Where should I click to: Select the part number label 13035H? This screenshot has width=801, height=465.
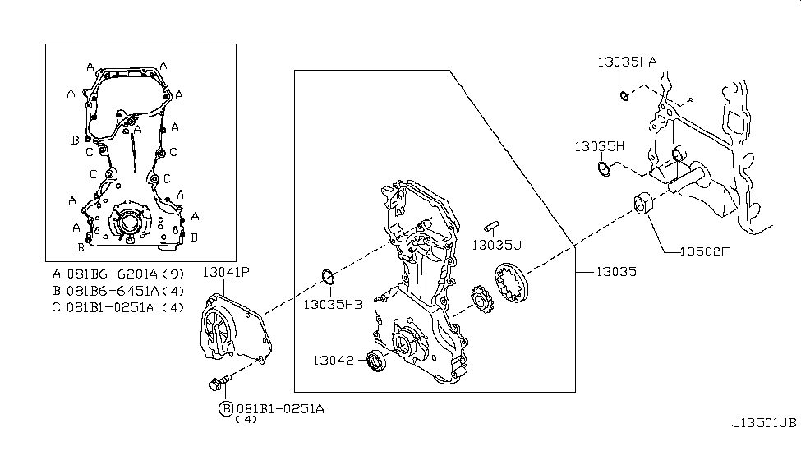point(600,146)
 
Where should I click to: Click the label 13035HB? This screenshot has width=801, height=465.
point(333,304)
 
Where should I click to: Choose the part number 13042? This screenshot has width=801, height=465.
point(334,359)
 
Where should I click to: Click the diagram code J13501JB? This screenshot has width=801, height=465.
point(764,424)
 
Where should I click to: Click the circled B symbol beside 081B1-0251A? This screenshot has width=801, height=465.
point(224,408)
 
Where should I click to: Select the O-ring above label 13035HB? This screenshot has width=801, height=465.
point(326,278)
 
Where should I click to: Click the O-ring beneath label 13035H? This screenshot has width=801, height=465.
point(603,170)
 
